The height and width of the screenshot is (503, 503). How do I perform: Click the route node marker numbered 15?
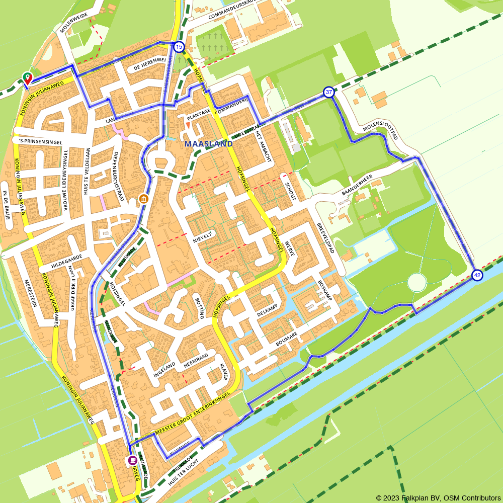179,47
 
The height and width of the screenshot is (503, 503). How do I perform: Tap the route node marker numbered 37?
328,92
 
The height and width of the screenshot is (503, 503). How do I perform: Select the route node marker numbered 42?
477,275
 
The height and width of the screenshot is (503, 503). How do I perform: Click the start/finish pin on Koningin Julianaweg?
27,78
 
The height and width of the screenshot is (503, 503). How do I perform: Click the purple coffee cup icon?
132,460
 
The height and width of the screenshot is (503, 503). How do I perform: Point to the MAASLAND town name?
209,144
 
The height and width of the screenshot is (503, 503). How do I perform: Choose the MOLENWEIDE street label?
73,23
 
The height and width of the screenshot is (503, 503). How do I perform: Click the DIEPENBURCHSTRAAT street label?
119,177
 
